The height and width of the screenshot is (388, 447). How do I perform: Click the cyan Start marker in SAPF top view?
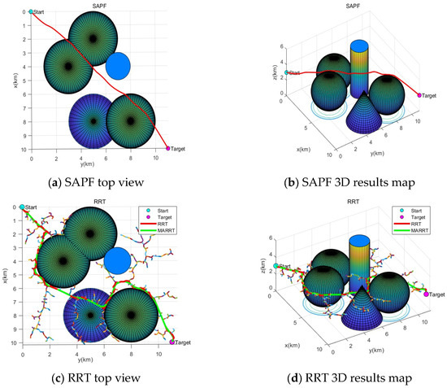[x=31, y=11]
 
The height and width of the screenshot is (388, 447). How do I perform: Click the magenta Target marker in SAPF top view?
[x=168, y=149]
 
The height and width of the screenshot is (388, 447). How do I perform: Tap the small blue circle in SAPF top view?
[x=118, y=66]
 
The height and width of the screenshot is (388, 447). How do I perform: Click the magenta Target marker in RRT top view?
[x=171, y=342]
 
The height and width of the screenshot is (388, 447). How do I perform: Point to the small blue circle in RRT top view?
[x=118, y=261]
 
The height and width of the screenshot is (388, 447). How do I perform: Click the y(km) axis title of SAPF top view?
[x=98, y=163]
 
